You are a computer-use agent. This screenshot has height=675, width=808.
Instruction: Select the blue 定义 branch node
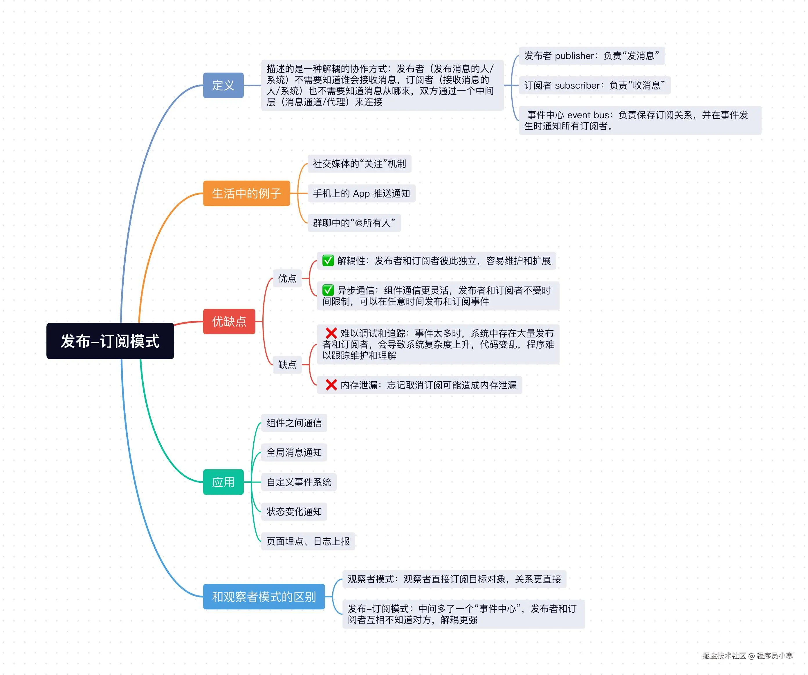pos(223,85)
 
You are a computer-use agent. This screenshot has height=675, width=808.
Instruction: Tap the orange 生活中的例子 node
pos(246,193)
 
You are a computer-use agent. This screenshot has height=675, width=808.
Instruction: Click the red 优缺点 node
pos(229,321)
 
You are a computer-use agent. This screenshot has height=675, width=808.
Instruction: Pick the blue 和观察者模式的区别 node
pos(264,597)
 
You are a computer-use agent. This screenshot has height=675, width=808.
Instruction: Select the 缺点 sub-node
pos(287,364)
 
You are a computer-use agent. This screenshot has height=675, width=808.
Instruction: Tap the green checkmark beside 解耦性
pos(328,261)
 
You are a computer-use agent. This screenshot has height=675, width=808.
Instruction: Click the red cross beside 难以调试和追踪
pos(331,333)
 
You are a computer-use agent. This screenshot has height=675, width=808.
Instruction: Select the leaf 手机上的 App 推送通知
pos(361,193)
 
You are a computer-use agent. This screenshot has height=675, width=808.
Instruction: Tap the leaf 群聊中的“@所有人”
pos(354,223)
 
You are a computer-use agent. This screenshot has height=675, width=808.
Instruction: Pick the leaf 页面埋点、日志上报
pos(308,541)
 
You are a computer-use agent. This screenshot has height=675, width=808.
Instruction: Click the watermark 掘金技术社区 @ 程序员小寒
pos(747,655)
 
